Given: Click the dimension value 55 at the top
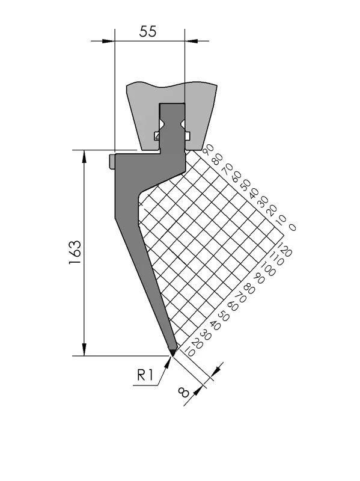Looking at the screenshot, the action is [x=148, y=31].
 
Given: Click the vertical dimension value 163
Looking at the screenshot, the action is [x=75, y=253].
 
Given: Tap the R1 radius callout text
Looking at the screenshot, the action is [x=145, y=375].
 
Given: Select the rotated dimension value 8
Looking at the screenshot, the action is [x=183, y=393].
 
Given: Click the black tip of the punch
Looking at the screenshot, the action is [x=172, y=352].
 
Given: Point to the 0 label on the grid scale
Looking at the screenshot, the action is [x=292, y=227].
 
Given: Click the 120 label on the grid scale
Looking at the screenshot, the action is [x=284, y=248].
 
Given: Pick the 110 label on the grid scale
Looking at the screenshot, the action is [x=276, y=259].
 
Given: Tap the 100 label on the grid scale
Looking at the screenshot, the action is [x=268, y=268].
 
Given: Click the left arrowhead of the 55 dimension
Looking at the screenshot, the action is [x=109, y=41].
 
